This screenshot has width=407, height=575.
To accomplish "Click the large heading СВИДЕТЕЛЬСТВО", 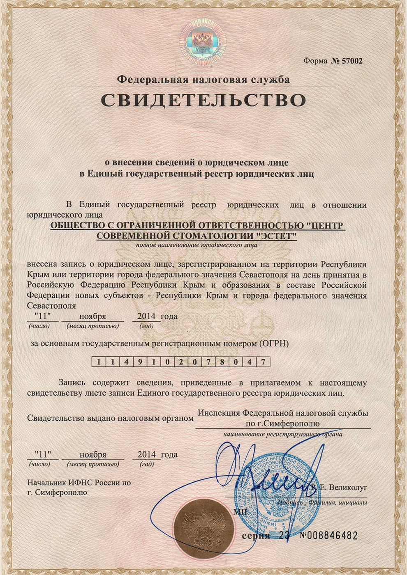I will (x=203, y=100).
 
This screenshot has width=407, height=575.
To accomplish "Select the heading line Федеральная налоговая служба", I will (x=203, y=79).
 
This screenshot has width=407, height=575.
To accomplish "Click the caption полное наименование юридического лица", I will (x=197, y=245).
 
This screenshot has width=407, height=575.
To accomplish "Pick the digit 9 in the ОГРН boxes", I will (x=139, y=362).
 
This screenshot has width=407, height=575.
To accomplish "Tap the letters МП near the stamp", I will (x=238, y=511).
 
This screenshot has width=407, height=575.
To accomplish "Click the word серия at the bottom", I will (x=256, y=536).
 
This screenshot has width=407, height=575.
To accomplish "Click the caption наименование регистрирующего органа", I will (x=283, y=434).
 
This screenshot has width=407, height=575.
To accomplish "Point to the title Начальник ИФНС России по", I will (x=79, y=483).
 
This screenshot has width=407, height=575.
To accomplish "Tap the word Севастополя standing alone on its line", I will (x=51, y=306).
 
